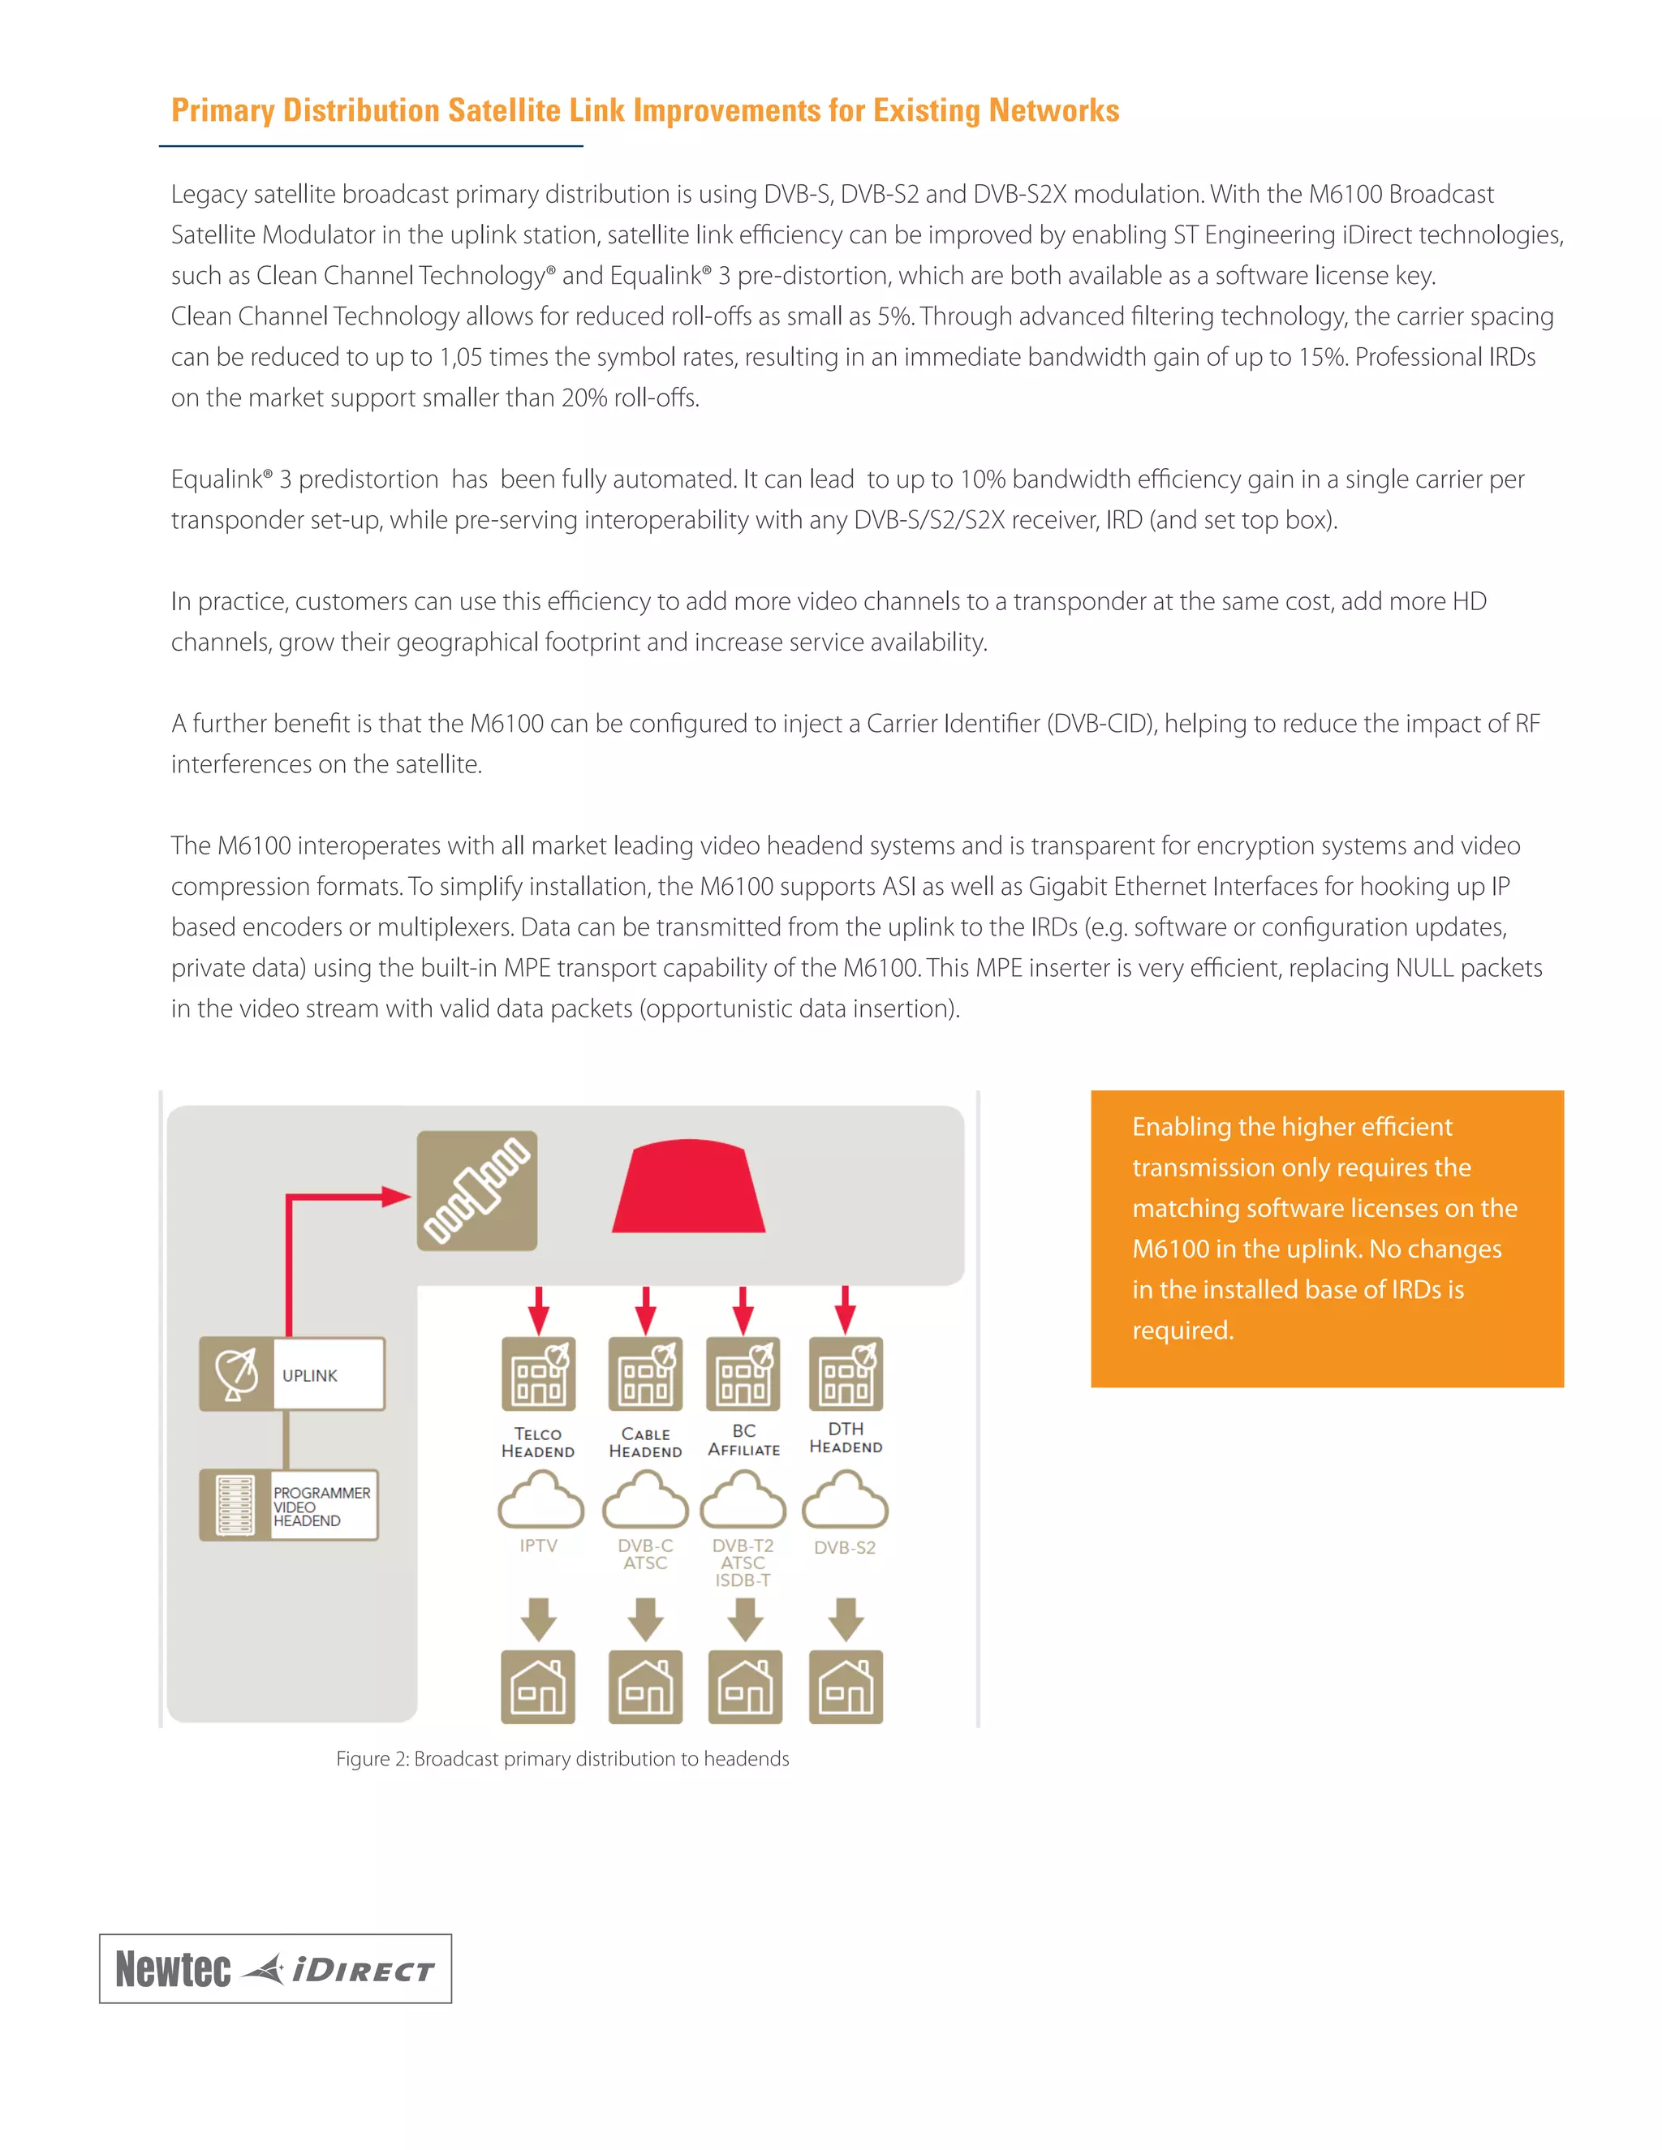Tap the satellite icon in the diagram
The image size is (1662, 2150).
[x=476, y=1190]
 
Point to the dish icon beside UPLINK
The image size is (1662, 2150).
[x=236, y=1374]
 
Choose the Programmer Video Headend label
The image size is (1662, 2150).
[x=321, y=1506]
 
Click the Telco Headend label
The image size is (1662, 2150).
[x=537, y=1443]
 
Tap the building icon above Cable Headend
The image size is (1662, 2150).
[x=645, y=1374]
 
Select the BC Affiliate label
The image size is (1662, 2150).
[x=743, y=1440]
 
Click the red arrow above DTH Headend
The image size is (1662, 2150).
[x=845, y=1310]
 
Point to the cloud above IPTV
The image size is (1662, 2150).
[x=540, y=1500]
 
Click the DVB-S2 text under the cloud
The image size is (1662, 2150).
[x=845, y=1547]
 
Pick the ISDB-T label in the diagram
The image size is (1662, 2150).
[x=743, y=1580]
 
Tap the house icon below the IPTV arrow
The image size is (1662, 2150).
[x=537, y=1687]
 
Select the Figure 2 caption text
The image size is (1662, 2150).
[x=562, y=1758]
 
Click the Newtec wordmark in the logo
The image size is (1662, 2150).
[x=174, y=1969]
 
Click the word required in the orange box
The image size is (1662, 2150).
[x=1182, y=1330]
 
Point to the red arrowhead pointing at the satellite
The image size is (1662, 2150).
[x=396, y=1197]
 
